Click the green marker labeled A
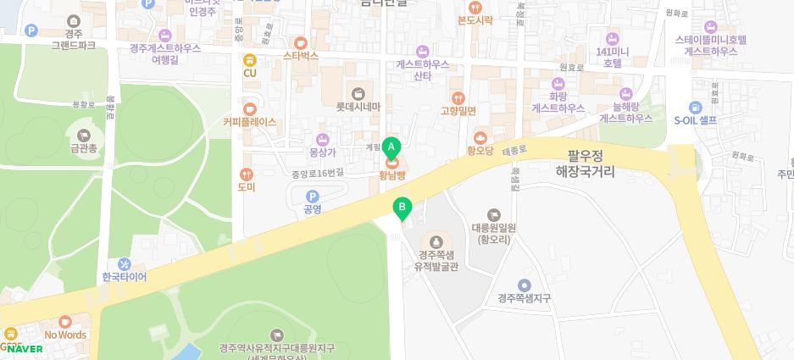click(391, 147)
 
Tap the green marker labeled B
click(403, 207)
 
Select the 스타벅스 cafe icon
click(300, 42)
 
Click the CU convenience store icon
click(249, 60)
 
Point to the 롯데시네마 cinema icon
click(358, 93)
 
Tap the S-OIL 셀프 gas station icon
click(695, 108)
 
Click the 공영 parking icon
click(313, 197)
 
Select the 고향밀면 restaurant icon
click(458, 98)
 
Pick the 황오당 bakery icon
click(480, 138)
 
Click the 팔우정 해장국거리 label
click(585, 163)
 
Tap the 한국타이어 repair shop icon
click(125, 264)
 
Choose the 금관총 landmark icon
click(84, 136)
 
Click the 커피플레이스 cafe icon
click(249, 109)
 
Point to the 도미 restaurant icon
click(247, 174)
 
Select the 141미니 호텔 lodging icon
click(614, 38)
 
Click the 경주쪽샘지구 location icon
click(525, 285)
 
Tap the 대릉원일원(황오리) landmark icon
click(494, 215)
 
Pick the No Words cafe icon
click(65, 322)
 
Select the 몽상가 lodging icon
click(322, 140)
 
